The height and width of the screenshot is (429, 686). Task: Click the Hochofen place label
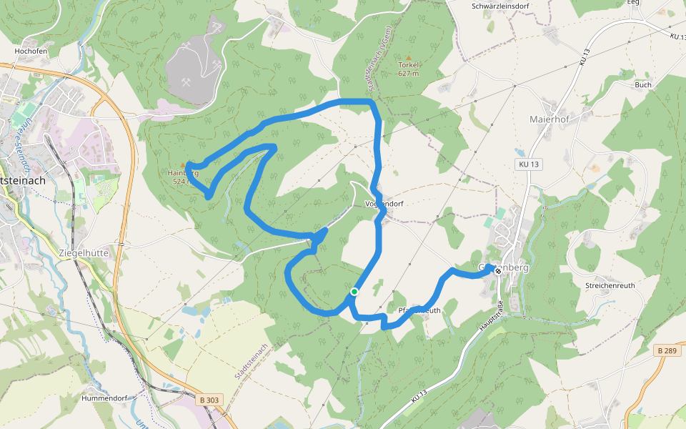pyautogui.click(x=29, y=52)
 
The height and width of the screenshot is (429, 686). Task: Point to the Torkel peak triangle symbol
pyautogui.click(x=409, y=57)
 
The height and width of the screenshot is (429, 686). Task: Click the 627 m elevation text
pyautogui.click(x=408, y=73)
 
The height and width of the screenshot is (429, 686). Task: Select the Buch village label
pyautogui.click(x=642, y=84)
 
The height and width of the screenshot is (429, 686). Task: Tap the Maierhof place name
pyautogui.click(x=548, y=118)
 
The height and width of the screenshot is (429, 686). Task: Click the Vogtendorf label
pyautogui.click(x=384, y=204)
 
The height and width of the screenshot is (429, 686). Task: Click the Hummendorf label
pyautogui.click(x=104, y=398)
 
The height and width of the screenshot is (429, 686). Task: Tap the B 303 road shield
pyautogui.click(x=209, y=400)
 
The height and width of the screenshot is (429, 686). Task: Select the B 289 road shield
pyautogui.click(x=666, y=350)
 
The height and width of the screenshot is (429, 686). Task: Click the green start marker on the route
pyautogui.click(x=354, y=292)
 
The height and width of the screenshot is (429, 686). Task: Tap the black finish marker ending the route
pyautogui.click(x=498, y=271)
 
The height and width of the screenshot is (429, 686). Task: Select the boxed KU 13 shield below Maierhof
pyautogui.click(x=530, y=164)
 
